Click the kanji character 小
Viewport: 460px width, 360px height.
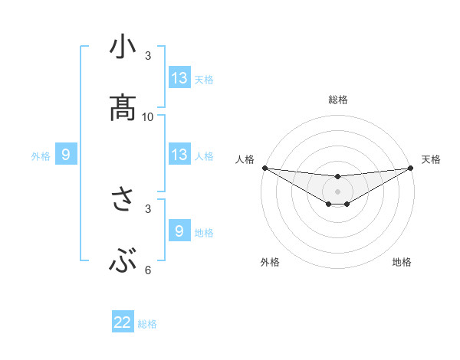(x=123, y=47)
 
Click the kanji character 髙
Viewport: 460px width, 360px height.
(x=123, y=108)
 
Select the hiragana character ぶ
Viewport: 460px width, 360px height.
(x=123, y=263)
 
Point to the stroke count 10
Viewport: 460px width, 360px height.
(x=148, y=117)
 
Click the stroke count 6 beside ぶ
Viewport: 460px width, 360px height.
(x=148, y=270)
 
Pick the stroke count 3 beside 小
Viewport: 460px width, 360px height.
(x=148, y=56)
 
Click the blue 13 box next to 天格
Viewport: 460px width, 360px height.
(x=179, y=78)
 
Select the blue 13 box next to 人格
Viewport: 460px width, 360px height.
(x=179, y=155)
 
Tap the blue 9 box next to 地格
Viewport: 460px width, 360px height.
(x=179, y=231)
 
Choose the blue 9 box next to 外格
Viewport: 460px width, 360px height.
(x=66, y=155)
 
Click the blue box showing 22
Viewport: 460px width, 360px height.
(x=123, y=323)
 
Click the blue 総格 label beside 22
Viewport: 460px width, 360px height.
(x=147, y=324)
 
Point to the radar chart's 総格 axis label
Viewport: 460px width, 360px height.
(x=337, y=100)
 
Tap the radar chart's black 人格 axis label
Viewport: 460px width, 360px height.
(x=245, y=159)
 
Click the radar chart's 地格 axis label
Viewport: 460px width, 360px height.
(x=402, y=262)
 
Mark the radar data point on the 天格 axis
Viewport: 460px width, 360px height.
(x=410, y=168)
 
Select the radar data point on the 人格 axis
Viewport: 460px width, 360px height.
(x=264, y=168)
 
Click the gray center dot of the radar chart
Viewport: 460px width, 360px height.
(x=337, y=191)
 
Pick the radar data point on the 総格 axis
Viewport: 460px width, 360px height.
(x=337, y=178)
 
